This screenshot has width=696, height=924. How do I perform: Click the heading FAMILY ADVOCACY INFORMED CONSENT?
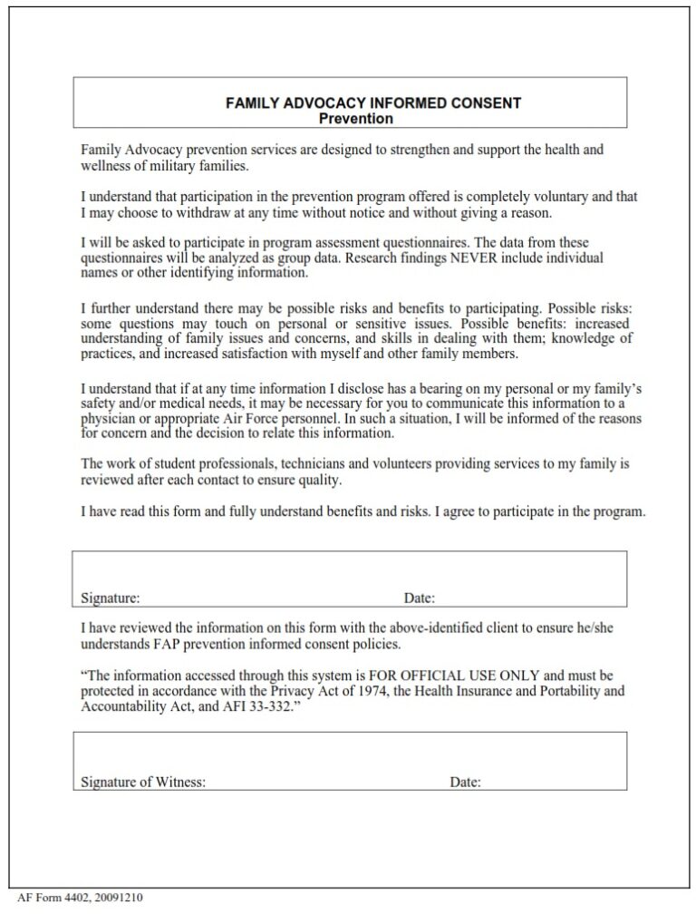[372, 103]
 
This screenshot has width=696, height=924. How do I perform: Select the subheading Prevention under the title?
[356, 119]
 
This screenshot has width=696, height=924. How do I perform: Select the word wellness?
[105, 166]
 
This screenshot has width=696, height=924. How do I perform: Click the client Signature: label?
[110, 598]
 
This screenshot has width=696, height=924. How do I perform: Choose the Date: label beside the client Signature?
[420, 598]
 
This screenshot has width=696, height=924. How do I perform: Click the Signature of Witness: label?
[143, 782]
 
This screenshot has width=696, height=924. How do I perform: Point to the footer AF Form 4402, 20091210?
[80, 898]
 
